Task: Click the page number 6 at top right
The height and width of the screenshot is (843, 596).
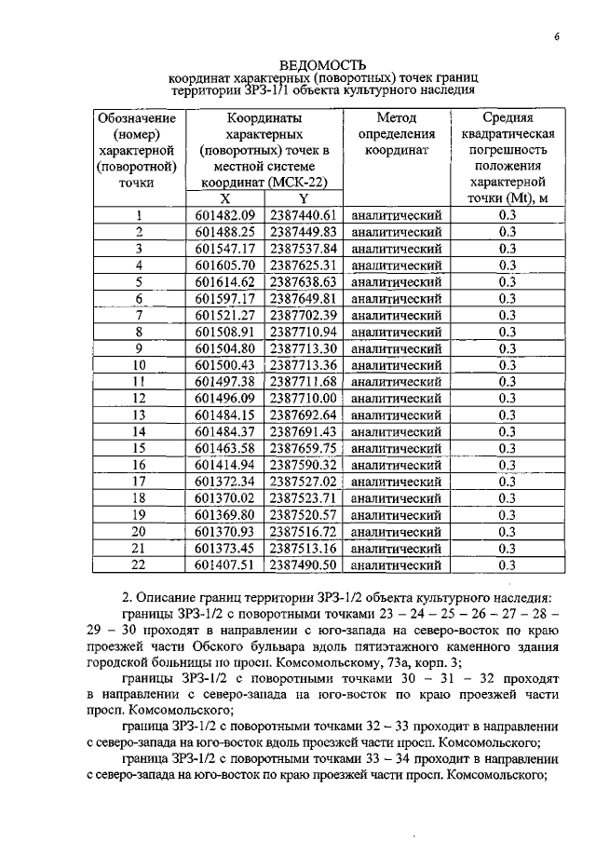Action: tap(555, 36)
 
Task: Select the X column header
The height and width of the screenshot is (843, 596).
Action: tap(225, 198)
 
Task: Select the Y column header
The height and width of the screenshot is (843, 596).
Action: tap(303, 198)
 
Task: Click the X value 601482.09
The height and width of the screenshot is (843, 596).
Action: tap(225, 215)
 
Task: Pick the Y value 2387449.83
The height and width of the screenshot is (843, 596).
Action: tap(303, 232)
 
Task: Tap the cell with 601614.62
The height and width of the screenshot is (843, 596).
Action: tap(225, 281)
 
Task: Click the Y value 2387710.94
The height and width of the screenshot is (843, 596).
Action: tap(303, 332)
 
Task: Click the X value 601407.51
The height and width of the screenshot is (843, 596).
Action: tap(225, 564)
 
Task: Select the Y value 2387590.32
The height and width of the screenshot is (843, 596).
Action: tap(303, 464)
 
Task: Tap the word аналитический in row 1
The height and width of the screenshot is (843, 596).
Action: tap(396, 215)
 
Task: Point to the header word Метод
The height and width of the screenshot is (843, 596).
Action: tap(396, 118)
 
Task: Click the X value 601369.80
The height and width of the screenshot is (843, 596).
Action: tap(225, 514)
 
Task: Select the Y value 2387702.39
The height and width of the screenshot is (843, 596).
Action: tap(303, 315)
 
